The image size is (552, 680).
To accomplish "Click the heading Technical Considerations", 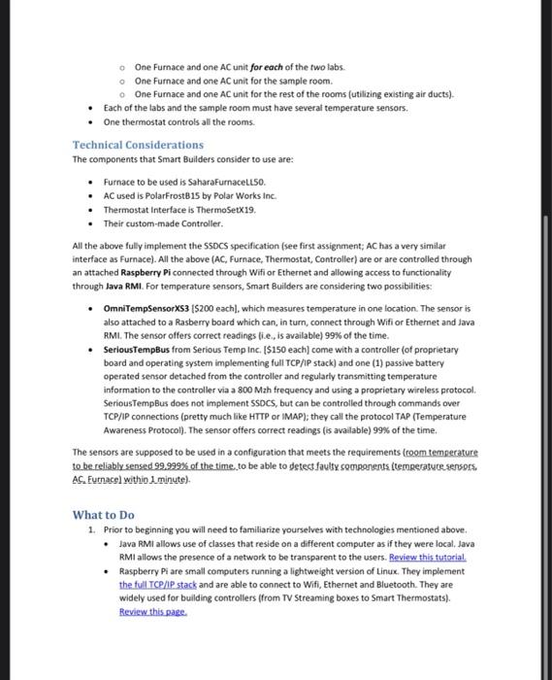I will pos(138,145).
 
